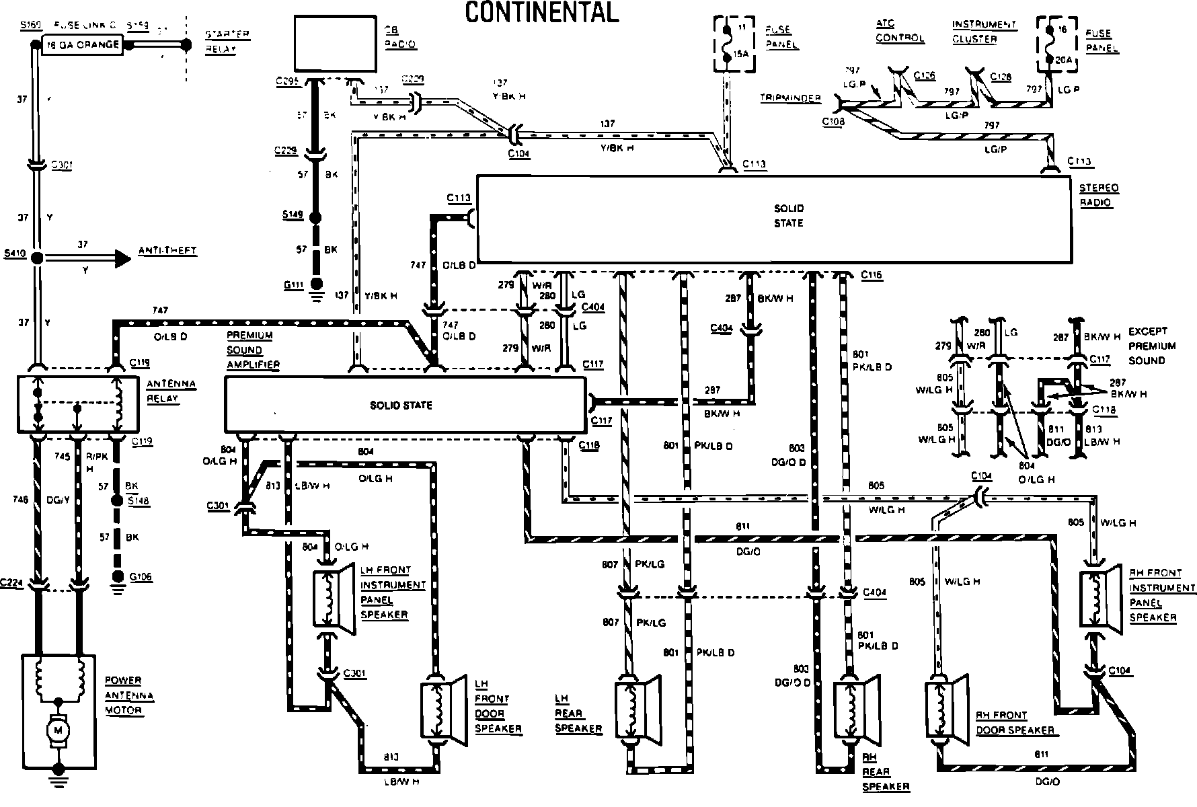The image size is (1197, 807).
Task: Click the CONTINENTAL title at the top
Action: click(x=541, y=11)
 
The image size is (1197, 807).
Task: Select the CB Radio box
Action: click(x=334, y=44)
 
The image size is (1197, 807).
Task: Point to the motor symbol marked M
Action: click(x=58, y=729)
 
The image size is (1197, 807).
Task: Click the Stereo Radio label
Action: click(x=1099, y=195)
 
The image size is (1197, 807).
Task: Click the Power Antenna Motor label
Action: click(x=129, y=695)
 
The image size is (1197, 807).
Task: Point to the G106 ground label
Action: click(x=141, y=576)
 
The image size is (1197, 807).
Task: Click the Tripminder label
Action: click(x=790, y=98)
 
